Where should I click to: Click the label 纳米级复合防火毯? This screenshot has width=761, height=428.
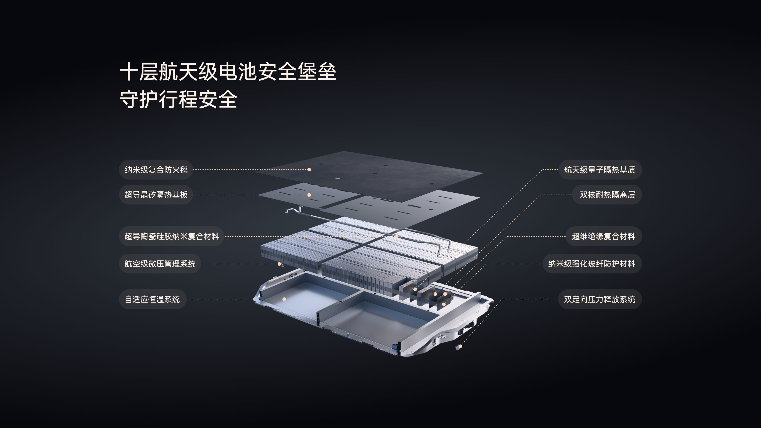pos(156,170)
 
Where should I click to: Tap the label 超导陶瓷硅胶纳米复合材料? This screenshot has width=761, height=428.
pos(172,236)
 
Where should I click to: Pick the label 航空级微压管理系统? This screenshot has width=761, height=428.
pos(160,264)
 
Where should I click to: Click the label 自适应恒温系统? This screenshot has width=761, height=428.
pos(152,299)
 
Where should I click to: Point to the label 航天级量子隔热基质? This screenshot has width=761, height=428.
pos(599,170)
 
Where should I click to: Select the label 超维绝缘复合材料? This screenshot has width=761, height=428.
pos(603,236)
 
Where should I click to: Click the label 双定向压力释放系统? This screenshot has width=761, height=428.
pos(599,299)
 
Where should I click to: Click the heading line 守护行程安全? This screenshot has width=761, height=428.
pos(178,99)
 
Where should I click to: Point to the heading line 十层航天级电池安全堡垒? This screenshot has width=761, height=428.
pos(228,72)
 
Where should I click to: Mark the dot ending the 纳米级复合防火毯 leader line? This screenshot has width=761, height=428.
pos(309,170)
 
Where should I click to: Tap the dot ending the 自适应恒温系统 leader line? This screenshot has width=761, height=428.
pos(284,299)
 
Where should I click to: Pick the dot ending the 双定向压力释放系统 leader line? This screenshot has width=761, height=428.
pos(460,346)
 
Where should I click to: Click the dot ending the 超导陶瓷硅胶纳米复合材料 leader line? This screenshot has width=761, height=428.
pos(397,237)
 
